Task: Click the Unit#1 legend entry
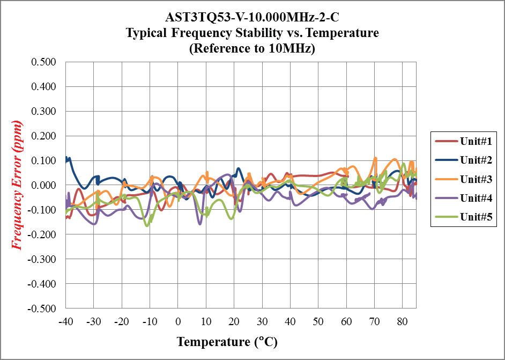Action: click(463, 142)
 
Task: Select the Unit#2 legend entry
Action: click(463, 160)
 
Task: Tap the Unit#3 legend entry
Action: click(463, 179)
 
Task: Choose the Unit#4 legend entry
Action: click(463, 197)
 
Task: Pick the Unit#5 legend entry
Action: click(463, 216)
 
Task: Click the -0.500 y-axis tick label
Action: click(43, 308)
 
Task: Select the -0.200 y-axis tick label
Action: click(43, 235)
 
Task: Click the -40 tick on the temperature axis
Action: click(65, 321)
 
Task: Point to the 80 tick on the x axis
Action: click(402, 321)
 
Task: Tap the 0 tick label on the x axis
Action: click(178, 321)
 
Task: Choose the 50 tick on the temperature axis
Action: click(318, 321)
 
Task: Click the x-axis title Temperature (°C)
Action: click(227, 342)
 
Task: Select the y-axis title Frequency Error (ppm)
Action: click(17, 186)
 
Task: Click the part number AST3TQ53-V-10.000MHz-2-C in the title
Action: click(252, 17)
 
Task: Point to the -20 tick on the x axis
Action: click(122, 321)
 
